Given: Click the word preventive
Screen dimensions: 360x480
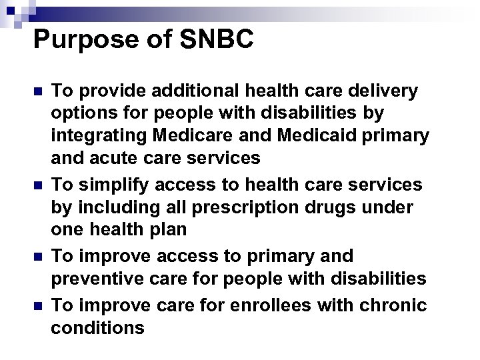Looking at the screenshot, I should [x=97, y=278].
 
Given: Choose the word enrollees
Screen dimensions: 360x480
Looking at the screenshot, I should [x=262, y=305].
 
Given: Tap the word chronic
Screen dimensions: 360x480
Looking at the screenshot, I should [x=392, y=305].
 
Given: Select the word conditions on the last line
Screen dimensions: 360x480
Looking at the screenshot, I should [x=97, y=328].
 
